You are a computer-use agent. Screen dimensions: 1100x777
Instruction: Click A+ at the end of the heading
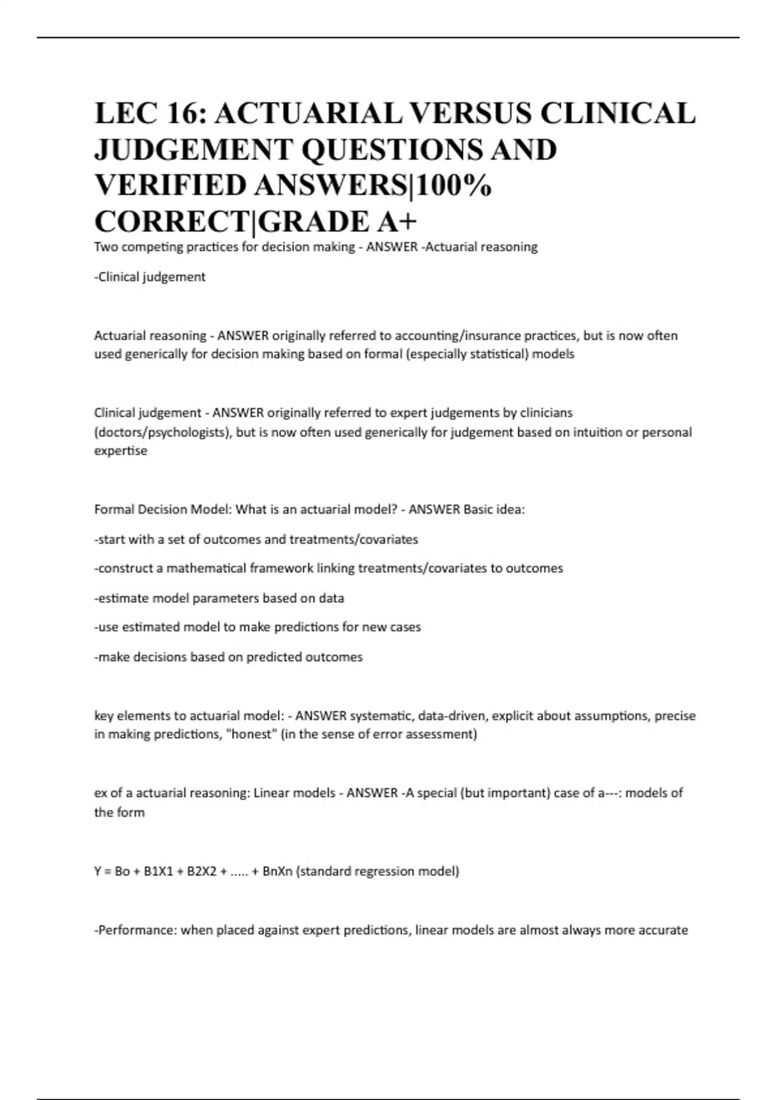click(396, 221)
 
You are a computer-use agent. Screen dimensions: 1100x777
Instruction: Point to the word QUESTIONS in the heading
click(392, 150)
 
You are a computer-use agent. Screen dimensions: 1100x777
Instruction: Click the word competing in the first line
click(152, 247)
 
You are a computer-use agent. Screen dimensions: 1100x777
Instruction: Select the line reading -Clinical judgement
click(150, 277)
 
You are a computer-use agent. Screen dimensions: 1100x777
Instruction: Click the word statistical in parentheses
click(491, 355)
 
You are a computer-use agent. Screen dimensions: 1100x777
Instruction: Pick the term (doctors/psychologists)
click(163, 432)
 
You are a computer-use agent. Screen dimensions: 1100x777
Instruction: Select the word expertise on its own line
click(120, 451)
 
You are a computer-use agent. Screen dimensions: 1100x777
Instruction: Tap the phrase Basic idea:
click(494, 510)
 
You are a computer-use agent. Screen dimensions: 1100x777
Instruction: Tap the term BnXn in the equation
click(277, 872)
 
